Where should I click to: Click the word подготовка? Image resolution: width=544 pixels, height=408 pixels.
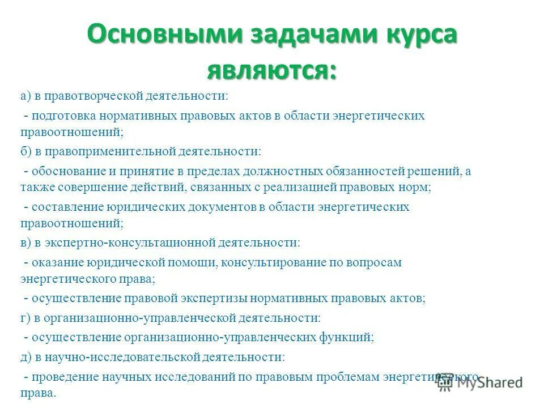click(x=64, y=116)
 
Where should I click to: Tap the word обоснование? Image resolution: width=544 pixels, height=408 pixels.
click(x=67, y=171)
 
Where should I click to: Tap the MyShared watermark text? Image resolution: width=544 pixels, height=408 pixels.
click(x=490, y=383)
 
